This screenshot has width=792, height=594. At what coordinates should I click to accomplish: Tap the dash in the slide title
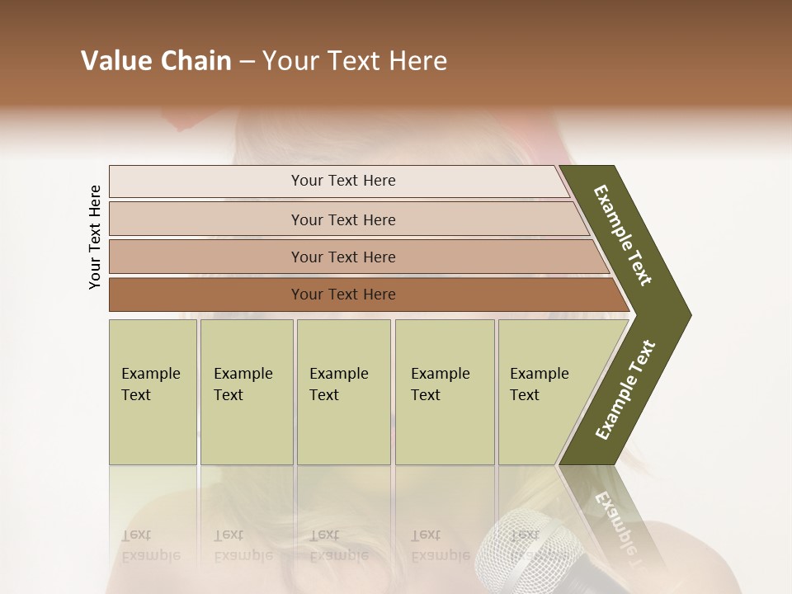tap(247, 62)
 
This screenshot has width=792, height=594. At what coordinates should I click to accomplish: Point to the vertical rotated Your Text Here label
tap(95, 237)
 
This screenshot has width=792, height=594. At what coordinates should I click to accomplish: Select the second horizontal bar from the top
tap(343, 219)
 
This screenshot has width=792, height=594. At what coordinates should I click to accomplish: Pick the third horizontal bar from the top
tap(343, 257)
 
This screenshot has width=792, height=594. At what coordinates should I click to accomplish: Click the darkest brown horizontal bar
tap(343, 295)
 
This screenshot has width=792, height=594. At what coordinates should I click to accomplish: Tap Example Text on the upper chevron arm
tap(623, 234)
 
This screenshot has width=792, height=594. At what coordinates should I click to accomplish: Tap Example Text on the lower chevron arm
tap(625, 390)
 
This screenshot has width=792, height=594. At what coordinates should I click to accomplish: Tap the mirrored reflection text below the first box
tap(150, 545)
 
